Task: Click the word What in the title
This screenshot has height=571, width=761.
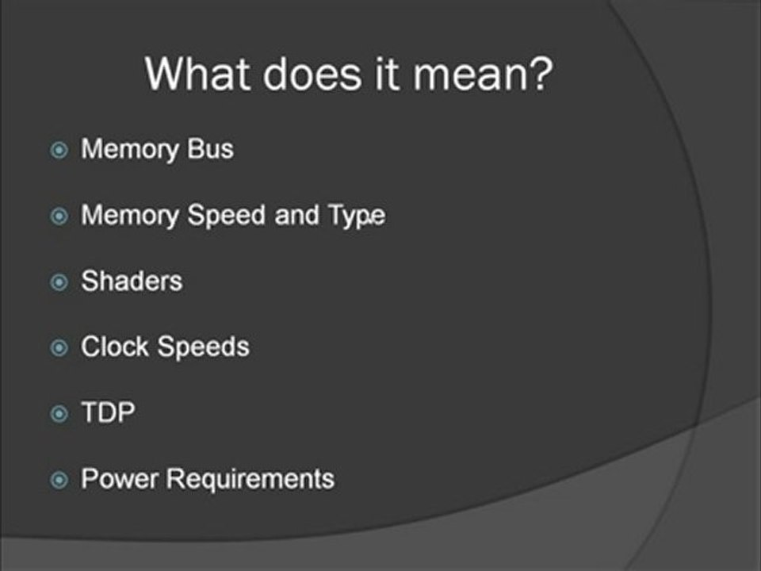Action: (x=200, y=75)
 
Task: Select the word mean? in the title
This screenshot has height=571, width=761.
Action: (x=495, y=75)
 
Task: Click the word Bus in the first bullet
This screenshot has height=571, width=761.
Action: (x=211, y=149)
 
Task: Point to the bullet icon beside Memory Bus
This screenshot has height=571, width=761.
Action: (x=59, y=150)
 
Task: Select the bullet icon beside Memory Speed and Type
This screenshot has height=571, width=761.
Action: (x=59, y=217)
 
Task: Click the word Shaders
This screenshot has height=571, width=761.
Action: (x=132, y=281)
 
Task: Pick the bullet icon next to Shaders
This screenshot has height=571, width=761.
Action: (x=59, y=282)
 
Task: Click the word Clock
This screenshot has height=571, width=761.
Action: (x=117, y=347)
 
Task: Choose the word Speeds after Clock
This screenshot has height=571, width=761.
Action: (x=205, y=347)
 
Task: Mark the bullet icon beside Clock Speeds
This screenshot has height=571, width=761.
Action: (x=59, y=347)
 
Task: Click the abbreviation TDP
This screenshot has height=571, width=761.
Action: (x=108, y=412)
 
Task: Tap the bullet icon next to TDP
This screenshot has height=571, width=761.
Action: (x=59, y=413)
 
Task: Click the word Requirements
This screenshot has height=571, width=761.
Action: (x=251, y=478)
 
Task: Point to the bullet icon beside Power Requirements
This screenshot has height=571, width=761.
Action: (x=59, y=479)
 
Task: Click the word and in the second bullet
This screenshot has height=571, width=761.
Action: (x=295, y=216)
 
